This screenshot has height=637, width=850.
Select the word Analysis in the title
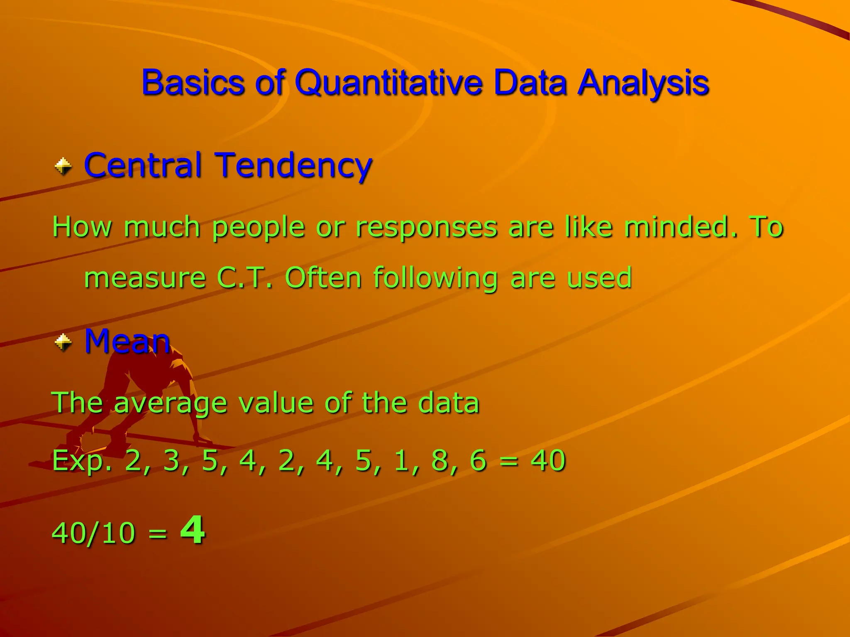(643, 83)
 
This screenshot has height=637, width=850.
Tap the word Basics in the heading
(193, 82)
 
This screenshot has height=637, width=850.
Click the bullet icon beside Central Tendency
(64, 167)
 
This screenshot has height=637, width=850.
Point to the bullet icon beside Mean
(64, 343)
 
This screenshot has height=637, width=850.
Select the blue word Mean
(127, 341)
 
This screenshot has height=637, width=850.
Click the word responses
(427, 227)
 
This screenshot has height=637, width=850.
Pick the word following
(435, 278)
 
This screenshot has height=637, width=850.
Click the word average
(170, 403)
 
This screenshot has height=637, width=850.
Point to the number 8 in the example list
(439, 460)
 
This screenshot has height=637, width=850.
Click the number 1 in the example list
(401, 460)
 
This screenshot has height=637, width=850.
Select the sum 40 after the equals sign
(548, 460)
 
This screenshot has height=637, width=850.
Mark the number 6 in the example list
(478, 460)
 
